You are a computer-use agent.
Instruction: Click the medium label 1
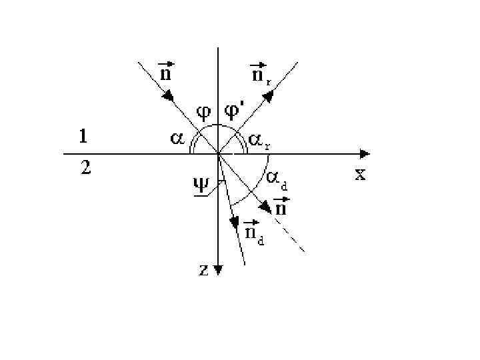click(83, 137)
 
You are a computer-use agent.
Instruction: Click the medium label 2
click(85, 168)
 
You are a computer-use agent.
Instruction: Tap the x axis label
click(360, 175)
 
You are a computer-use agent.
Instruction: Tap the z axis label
click(205, 269)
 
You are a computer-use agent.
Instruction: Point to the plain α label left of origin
click(177, 139)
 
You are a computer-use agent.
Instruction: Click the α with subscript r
click(260, 140)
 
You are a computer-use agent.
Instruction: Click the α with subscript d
click(277, 178)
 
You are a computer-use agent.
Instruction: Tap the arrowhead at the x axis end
click(365, 153)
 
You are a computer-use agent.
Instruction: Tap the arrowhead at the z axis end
click(218, 270)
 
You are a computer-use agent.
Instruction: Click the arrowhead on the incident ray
click(169, 97)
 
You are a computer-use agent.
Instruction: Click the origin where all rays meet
click(218, 153)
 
